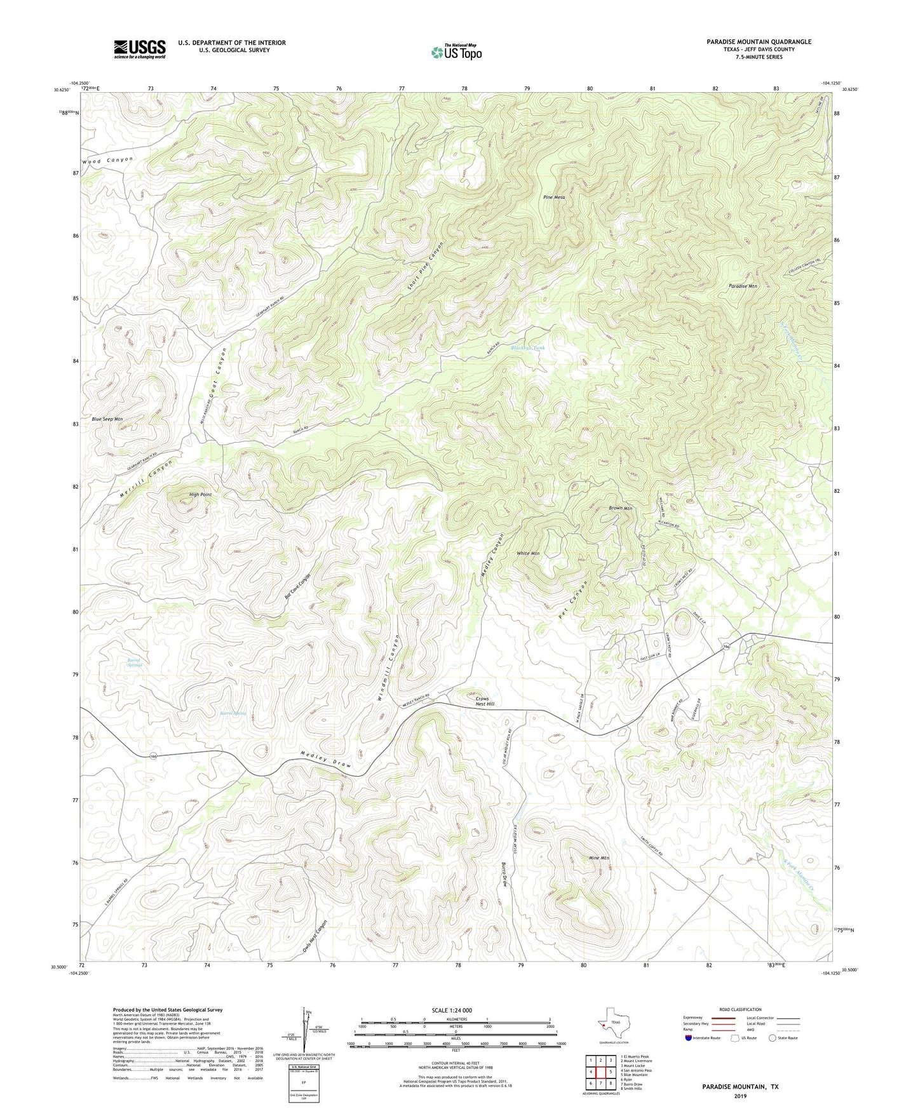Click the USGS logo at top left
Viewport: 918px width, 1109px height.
[140, 49]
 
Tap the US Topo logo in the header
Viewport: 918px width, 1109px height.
[456, 52]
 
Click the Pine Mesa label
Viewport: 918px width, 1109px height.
[554, 198]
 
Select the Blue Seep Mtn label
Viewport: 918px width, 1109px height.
[107, 419]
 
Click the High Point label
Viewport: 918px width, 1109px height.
[200, 494]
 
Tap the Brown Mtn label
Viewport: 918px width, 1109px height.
[620, 508]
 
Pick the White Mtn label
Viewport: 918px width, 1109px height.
[528, 553]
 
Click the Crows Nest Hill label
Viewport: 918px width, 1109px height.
[485, 701]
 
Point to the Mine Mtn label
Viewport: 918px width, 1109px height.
[599, 858]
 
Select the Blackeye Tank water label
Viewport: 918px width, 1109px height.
[529, 348]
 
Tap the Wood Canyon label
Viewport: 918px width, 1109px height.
[107, 161]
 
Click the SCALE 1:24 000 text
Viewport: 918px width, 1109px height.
[452, 1010]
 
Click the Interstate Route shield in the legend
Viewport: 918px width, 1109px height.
[689, 1038]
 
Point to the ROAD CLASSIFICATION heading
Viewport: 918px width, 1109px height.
[740, 1009]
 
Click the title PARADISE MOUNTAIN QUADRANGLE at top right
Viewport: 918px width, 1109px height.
[759, 42]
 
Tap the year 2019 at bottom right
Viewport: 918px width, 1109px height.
[740, 1096]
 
